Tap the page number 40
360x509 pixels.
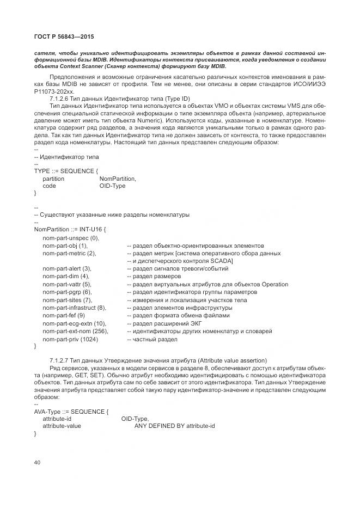point(38,462)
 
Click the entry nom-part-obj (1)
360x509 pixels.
point(65,246)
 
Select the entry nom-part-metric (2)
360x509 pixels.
point(69,253)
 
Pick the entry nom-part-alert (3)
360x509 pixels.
point(67,268)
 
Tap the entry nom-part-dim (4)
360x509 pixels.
point(65,277)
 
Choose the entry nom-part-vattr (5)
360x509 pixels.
point(67,284)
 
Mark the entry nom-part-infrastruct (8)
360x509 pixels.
point(74,308)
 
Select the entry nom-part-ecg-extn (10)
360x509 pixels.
point(74,323)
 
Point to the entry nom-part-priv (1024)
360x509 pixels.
point(71,339)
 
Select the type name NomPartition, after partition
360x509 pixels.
point(118,179)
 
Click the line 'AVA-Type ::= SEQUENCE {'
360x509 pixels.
point(68,411)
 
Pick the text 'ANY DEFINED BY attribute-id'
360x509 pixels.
point(174,426)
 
